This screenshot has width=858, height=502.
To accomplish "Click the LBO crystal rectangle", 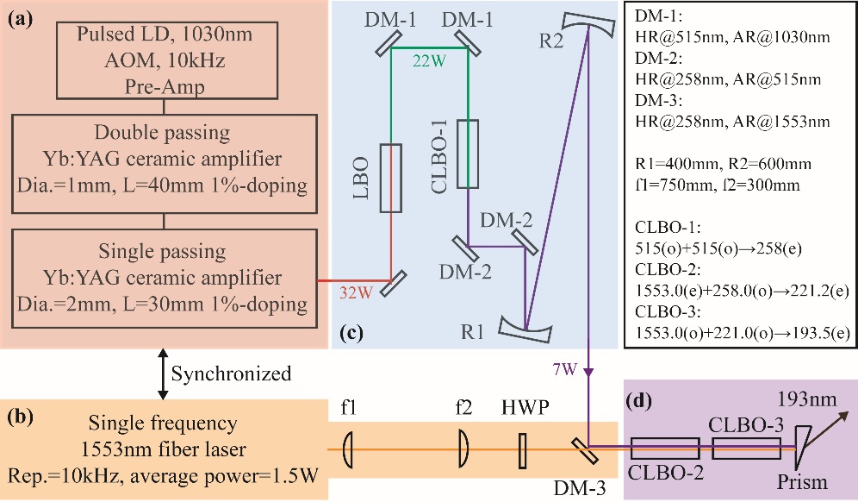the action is click(x=391, y=178).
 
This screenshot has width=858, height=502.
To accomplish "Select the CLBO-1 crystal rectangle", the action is click(x=467, y=154).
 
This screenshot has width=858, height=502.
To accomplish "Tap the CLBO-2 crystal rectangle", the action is click(x=665, y=449).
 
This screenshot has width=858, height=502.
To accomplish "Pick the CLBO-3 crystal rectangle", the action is click(x=746, y=449).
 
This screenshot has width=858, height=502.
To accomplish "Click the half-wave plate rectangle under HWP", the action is click(x=523, y=451).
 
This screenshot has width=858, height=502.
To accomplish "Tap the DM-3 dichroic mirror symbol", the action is click(x=585, y=450).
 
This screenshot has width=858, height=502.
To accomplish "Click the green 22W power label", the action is click(x=429, y=61).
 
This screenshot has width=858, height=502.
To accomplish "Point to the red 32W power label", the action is click(x=357, y=292).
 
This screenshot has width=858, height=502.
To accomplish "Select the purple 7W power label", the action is click(x=565, y=369).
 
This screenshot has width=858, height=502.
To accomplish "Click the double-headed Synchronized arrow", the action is click(x=163, y=374).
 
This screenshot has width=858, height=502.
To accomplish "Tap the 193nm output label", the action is click(x=807, y=399).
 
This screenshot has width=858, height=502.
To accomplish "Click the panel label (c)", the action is click(x=351, y=333).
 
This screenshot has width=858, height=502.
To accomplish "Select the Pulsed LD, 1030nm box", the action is click(x=167, y=60).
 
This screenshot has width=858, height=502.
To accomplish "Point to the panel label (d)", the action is click(x=638, y=401).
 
